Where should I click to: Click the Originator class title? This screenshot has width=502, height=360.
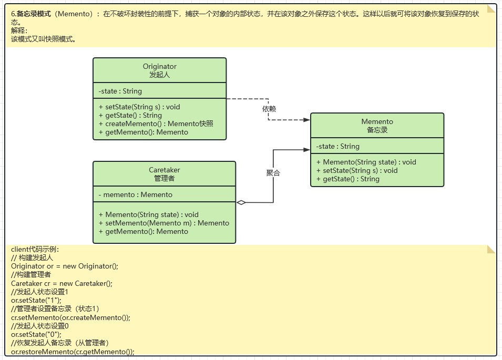[x=159, y=70]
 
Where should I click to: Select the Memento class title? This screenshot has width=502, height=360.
[x=377, y=126]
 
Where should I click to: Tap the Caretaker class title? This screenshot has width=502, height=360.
[x=164, y=174]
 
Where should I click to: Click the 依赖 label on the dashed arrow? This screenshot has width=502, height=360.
[x=269, y=109]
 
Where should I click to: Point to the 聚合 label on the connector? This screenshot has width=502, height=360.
[x=273, y=173]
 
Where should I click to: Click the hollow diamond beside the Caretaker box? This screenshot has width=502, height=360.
[x=241, y=202]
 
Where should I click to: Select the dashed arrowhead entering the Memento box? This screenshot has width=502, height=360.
[x=306, y=120]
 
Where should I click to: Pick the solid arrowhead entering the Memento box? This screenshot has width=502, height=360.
[x=306, y=150]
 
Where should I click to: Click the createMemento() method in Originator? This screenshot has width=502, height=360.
[x=156, y=124]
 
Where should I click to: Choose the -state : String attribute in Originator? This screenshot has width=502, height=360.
[x=120, y=91]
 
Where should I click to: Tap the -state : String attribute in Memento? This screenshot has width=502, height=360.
[x=337, y=146]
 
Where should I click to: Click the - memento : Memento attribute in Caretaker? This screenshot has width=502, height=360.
[x=135, y=194]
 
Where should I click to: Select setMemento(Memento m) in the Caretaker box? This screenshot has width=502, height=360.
[x=164, y=223]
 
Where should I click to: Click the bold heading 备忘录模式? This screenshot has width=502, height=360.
[x=34, y=14]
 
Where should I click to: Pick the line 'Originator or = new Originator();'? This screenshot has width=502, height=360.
[x=65, y=266]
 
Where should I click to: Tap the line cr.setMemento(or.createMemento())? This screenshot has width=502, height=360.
[x=70, y=317]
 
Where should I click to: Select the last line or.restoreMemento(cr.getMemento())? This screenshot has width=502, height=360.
[x=73, y=352]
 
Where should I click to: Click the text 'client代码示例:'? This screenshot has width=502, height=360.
[x=35, y=249]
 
